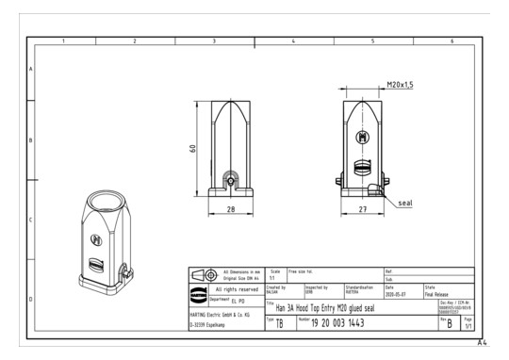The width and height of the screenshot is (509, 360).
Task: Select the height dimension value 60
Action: (x=193, y=150)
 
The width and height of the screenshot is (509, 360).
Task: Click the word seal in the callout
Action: (x=404, y=201)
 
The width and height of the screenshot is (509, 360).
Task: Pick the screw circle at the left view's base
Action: (x=229, y=176)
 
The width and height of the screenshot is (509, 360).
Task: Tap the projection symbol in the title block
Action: (x=204, y=275)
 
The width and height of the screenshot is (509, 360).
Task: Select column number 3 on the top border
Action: (x=215, y=41)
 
